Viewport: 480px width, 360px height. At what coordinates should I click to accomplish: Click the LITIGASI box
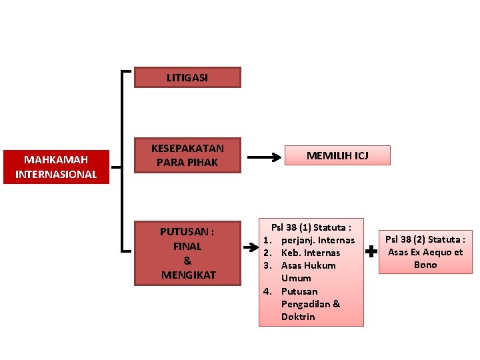[x=187, y=77]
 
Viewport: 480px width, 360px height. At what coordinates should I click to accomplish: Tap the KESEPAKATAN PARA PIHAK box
[x=187, y=155]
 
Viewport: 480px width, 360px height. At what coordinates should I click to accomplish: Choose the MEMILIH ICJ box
[x=337, y=155]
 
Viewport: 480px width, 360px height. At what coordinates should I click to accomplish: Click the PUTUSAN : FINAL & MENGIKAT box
[x=187, y=253]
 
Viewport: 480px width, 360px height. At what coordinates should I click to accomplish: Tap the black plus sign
[x=371, y=252]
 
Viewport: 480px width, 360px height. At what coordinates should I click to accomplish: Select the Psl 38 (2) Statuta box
[x=425, y=252]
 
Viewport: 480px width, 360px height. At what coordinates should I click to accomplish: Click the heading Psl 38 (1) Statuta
[x=311, y=227]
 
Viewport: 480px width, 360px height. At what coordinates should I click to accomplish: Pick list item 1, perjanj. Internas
[x=317, y=240]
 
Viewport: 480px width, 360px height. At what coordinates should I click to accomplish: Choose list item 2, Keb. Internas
[x=310, y=253]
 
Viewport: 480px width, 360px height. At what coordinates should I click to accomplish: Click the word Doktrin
[x=298, y=317]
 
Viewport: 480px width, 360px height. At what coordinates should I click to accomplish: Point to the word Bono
[x=425, y=265]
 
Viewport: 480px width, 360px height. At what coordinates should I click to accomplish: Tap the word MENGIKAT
[x=189, y=275]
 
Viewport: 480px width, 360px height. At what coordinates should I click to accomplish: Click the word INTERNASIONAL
[x=56, y=175]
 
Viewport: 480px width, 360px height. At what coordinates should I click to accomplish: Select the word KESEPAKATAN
[x=187, y=148]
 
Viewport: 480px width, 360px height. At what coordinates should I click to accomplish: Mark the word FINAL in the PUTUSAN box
[x=187, y=246]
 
